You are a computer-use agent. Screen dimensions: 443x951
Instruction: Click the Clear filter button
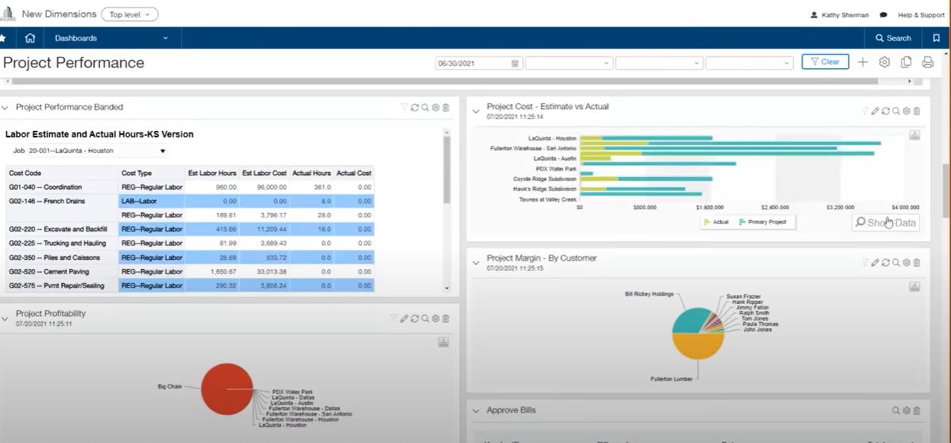coord(825,62)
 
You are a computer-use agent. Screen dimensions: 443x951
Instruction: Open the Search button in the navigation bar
coord(893,38)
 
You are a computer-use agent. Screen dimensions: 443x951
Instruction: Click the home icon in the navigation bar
coord(30,38)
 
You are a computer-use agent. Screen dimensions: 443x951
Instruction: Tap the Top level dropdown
coord(130,14)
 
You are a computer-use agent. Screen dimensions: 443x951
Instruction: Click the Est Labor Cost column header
coord(264,173)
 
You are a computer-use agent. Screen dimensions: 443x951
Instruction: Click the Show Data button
coord(885,223)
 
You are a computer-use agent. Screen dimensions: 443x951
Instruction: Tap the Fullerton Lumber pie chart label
coord(672,379)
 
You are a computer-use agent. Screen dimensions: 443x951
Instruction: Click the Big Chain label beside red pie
coord(170,387)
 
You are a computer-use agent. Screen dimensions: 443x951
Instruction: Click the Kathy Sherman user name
coord(843,15)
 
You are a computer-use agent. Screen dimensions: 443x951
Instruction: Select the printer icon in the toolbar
coord(928,62)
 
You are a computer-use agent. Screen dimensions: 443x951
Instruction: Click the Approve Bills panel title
coord(511,410)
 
